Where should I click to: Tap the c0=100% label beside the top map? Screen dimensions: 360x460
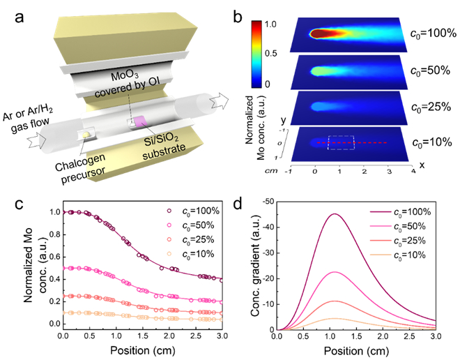coord(431,33)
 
